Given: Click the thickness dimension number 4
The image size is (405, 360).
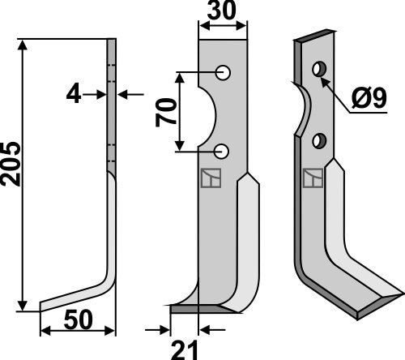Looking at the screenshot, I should pyautogui.click(x=74, y=94).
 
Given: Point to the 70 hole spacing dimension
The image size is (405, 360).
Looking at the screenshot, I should pyautogui.click(x=166, y=111).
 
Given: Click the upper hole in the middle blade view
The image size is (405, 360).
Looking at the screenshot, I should pyautogui.click(x=224, y=73).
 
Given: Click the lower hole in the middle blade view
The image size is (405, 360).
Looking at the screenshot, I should pyautogui.click(x=224, y=150).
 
